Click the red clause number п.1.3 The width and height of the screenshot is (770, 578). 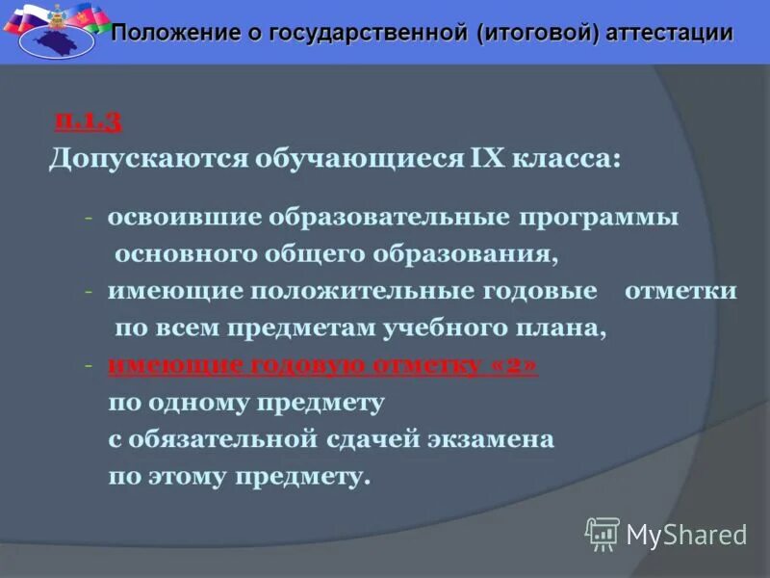[88, 121]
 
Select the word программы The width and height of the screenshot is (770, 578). [599, 217]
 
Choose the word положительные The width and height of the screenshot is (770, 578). [363, 291]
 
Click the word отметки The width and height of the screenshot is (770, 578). [680, 291]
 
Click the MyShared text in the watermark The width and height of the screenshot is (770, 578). [686, 535]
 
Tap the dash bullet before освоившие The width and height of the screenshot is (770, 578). [89, 218]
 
